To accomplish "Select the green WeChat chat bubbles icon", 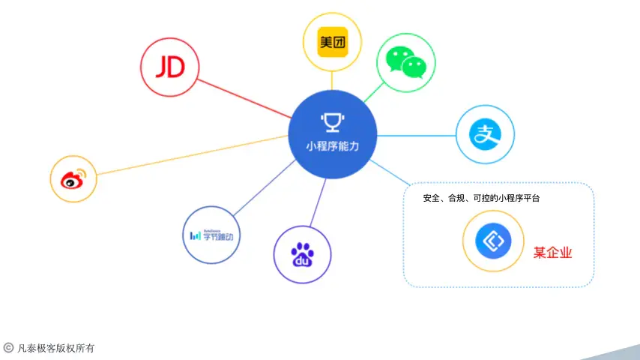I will coord(405,62).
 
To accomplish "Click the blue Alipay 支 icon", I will coord(486,135).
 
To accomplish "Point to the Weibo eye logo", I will coord(73,179).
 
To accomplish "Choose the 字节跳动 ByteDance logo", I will coord(212,235).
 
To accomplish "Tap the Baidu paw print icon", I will coord(302,254).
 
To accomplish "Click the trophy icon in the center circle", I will coord(331,121).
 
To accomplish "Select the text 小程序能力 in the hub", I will coord(332,145).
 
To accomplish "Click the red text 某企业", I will coord(552,253).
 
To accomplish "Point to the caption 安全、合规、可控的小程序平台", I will coord(481,199).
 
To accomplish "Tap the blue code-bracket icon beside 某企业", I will coord(492,241).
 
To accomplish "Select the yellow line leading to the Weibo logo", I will coord(187,155).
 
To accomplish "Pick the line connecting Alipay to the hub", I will coord(416,136).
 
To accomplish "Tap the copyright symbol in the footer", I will coord(8,347).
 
